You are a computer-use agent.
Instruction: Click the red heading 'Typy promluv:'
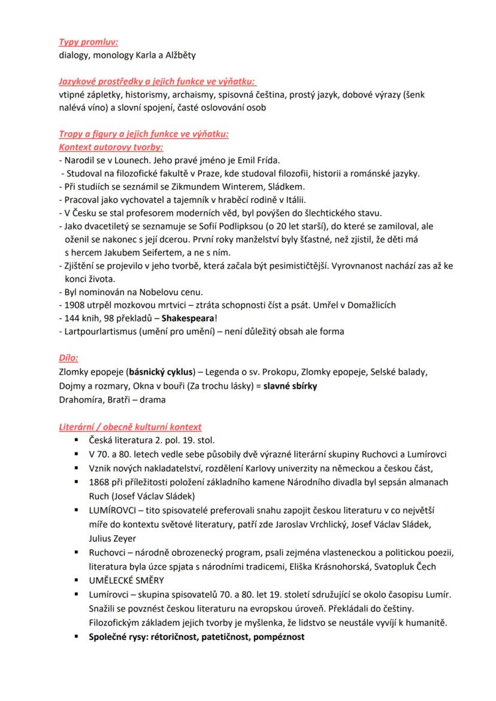(88, 43)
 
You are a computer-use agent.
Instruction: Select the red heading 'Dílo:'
(68, 358)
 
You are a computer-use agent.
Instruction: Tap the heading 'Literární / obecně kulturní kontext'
(130, 427)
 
